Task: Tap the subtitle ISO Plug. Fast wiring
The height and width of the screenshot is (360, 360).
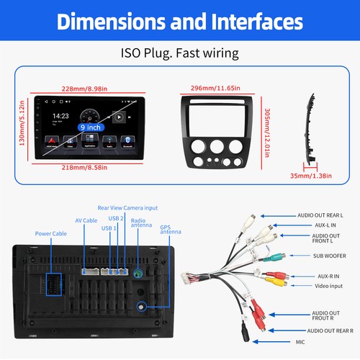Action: point(180,53)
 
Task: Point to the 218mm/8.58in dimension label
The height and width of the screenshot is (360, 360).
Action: point(84,168)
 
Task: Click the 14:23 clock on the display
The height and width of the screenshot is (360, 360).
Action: point(60,115)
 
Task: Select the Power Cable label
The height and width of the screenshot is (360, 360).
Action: point(52,233)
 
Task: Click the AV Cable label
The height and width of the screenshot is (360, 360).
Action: point(86,220)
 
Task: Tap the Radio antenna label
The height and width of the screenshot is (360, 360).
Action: point(138,223)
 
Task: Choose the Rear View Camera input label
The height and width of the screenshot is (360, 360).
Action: point(127,208)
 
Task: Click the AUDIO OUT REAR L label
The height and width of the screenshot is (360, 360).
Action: point(320,215)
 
